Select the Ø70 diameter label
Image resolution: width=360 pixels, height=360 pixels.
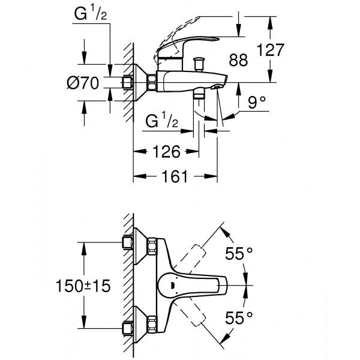pyautogui.click(x=82, y=84)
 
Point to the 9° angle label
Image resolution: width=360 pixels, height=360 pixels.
pyautogui.click(x=256, y=103)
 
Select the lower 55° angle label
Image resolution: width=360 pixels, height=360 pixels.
pyautogui.click(x=240, y=316)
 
